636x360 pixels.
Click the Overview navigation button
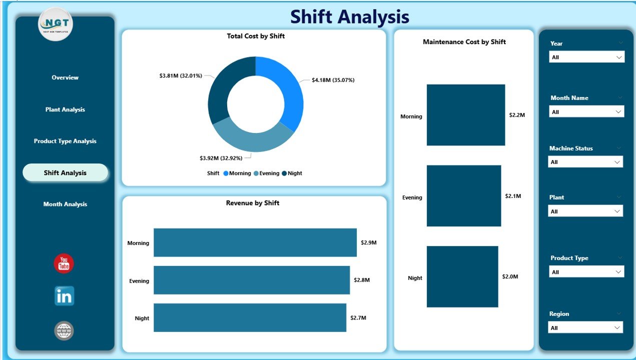(65, 77)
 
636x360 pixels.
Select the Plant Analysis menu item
(65, 109)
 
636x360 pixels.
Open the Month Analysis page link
(65, 204)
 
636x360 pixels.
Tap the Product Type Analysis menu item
(65, 141)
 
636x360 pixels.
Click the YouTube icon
(64, 263)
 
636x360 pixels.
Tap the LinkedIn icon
(64, 296)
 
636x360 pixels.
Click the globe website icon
(64, 331)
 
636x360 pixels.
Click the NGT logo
(56, 24)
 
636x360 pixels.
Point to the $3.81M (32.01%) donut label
(181, 76)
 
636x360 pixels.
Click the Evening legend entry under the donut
(266, 173)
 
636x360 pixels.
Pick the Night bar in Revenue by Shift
(250, 317)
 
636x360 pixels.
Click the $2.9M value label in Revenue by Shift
(368, 242)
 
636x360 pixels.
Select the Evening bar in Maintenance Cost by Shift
(463, 196)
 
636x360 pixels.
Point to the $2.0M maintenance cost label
(510, 276)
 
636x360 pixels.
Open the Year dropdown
(587, 57)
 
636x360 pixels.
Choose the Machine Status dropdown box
(585, 162)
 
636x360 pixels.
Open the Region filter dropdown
(585, 328)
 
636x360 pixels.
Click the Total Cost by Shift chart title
(256, 36)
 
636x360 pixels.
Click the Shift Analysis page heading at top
(350, 17)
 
